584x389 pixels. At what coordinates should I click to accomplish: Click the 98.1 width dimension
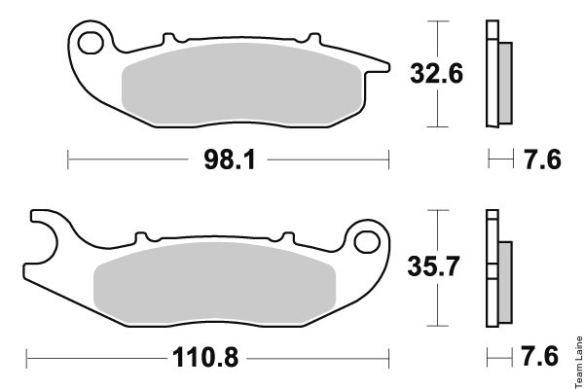click(230, 159)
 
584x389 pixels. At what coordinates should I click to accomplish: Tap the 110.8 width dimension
click(205, 357)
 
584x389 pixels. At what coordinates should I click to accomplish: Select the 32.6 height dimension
click(436, 73)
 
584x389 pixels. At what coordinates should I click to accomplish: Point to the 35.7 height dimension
click(433, 266)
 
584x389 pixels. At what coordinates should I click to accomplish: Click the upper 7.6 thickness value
click(543, 159)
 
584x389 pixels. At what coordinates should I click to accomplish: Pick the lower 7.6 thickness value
click(539, 356)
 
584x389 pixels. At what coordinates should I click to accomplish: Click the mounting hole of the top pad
click(91, 43)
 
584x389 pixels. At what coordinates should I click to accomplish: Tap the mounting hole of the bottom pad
click(367, 242)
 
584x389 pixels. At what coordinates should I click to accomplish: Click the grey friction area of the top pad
click(242, 84)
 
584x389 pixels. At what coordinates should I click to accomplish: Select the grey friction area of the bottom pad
click(214, 284)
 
